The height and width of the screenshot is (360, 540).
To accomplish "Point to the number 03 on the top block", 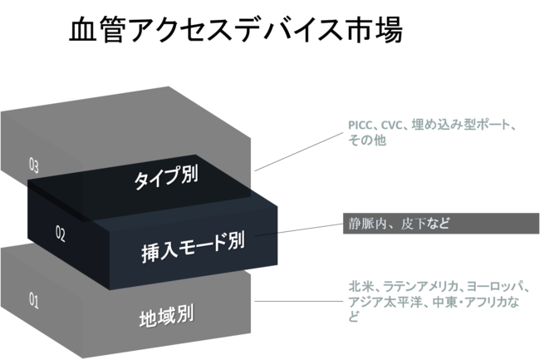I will [34, 165].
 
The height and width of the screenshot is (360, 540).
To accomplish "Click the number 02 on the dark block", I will [60, 234].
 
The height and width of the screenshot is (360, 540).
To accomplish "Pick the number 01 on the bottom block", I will [34, 301].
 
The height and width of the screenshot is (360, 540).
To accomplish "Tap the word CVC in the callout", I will [395, 126].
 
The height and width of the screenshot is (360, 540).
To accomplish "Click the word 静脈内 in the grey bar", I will [366, 222].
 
